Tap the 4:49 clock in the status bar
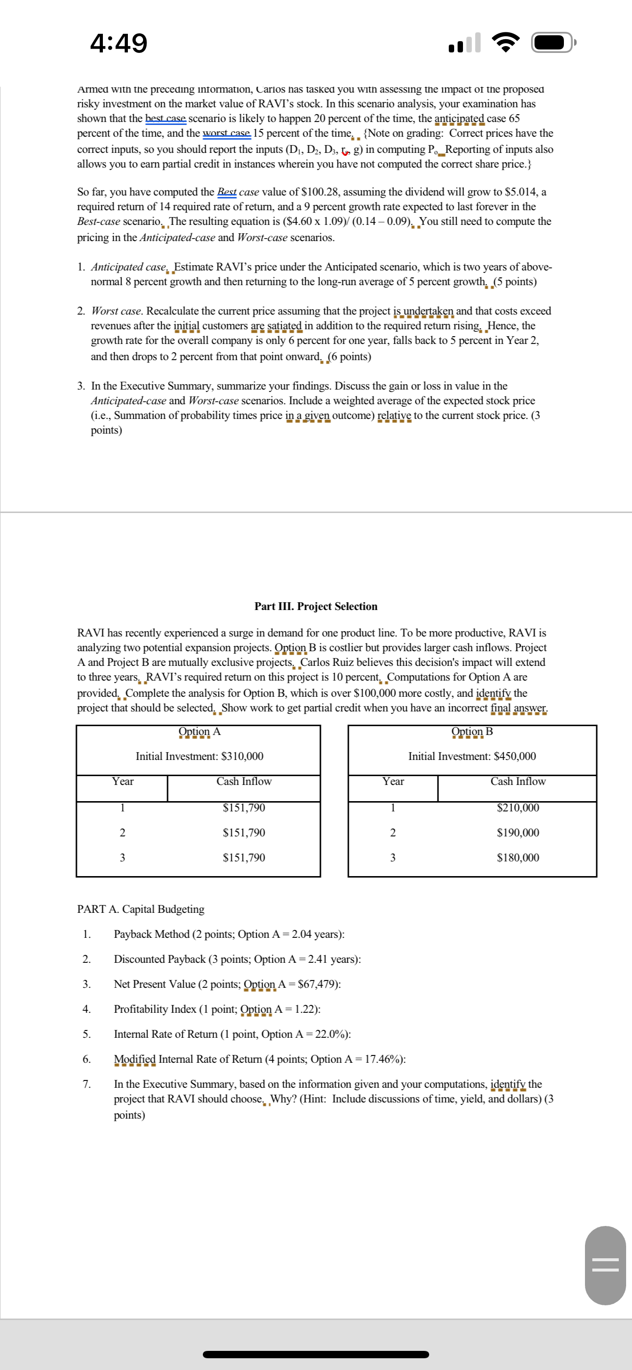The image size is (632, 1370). (x=119, y=43)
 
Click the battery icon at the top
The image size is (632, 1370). (x=553, y=43)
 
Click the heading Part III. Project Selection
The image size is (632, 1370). (x=316, y=606)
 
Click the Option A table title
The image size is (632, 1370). (x=199, y=731)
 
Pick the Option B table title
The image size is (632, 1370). (x=472, y=731)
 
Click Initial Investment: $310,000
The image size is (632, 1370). (x=199, y=756)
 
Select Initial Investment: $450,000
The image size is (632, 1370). (x=472, y=756)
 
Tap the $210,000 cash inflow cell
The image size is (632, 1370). (x=518, y=808)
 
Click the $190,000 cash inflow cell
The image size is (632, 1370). (x=518, y=833)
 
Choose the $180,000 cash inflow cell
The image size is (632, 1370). (x=518, y=858)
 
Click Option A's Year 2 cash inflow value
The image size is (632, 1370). (x=243, y=833)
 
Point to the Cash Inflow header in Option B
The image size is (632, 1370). (x=518, y=781)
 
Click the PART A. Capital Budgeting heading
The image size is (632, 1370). (x=141, y=909)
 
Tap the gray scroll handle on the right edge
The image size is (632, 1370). (x=605, y=1265)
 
